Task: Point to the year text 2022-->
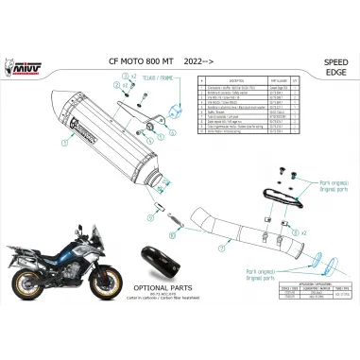tap(198, 71)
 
